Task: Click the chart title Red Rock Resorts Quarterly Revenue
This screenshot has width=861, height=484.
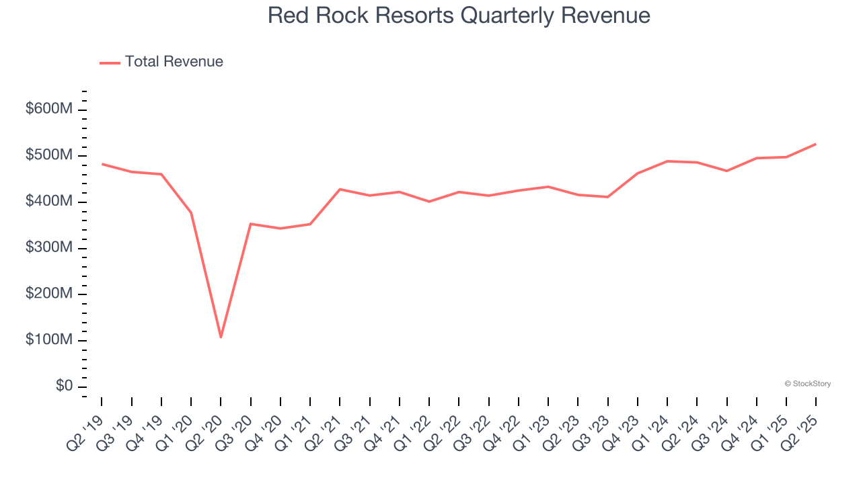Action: (x=459, y=15)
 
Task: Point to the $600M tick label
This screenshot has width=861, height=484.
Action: (x=48, y=110)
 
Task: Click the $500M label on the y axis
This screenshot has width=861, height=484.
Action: (x=48, y=156)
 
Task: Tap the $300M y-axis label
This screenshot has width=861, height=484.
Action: (x=48, y=248)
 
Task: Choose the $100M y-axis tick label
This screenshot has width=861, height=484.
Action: (x=48, y=340)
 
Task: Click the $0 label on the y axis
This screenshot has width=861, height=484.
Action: (x=65, y=387)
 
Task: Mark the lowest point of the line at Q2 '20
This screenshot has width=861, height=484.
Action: (x=221, y=337)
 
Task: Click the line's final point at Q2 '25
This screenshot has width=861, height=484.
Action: (x=816, y=144)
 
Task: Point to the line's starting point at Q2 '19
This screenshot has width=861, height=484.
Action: (x=102, y=164)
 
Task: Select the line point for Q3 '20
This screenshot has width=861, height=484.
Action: (x=250, y=224)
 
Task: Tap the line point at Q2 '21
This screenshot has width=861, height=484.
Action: (x=340, y=189)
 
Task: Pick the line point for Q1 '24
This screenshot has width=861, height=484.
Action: (x=667, y=161)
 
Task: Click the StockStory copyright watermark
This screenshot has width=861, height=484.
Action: (x=807, y=384)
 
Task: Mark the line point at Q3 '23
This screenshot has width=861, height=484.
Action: (x=607, y=197)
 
